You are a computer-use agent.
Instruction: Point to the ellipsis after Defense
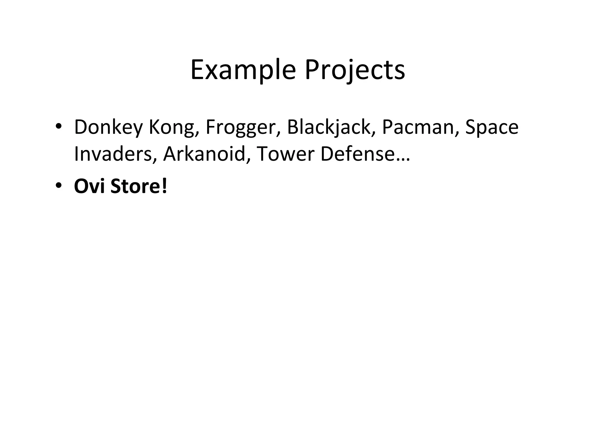(x=403, y=160)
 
